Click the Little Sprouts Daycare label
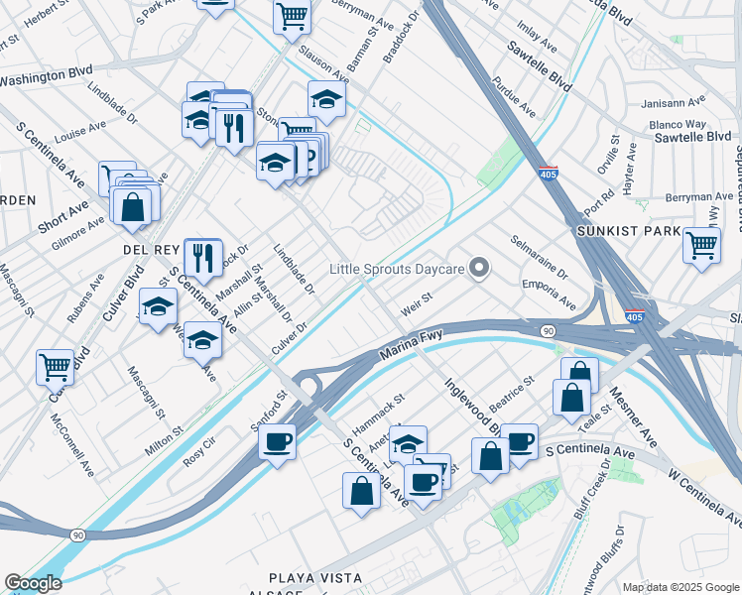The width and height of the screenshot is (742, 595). [x=398, y=269]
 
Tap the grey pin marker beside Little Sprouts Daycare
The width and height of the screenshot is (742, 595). [x=480, y=268]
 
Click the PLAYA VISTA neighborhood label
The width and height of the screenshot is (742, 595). [x=315, y=577]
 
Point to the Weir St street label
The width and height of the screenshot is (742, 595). [x=417, y=297]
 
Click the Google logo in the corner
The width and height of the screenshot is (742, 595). [x=33, y=583]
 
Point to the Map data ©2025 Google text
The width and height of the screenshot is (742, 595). [x=680, y=587]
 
